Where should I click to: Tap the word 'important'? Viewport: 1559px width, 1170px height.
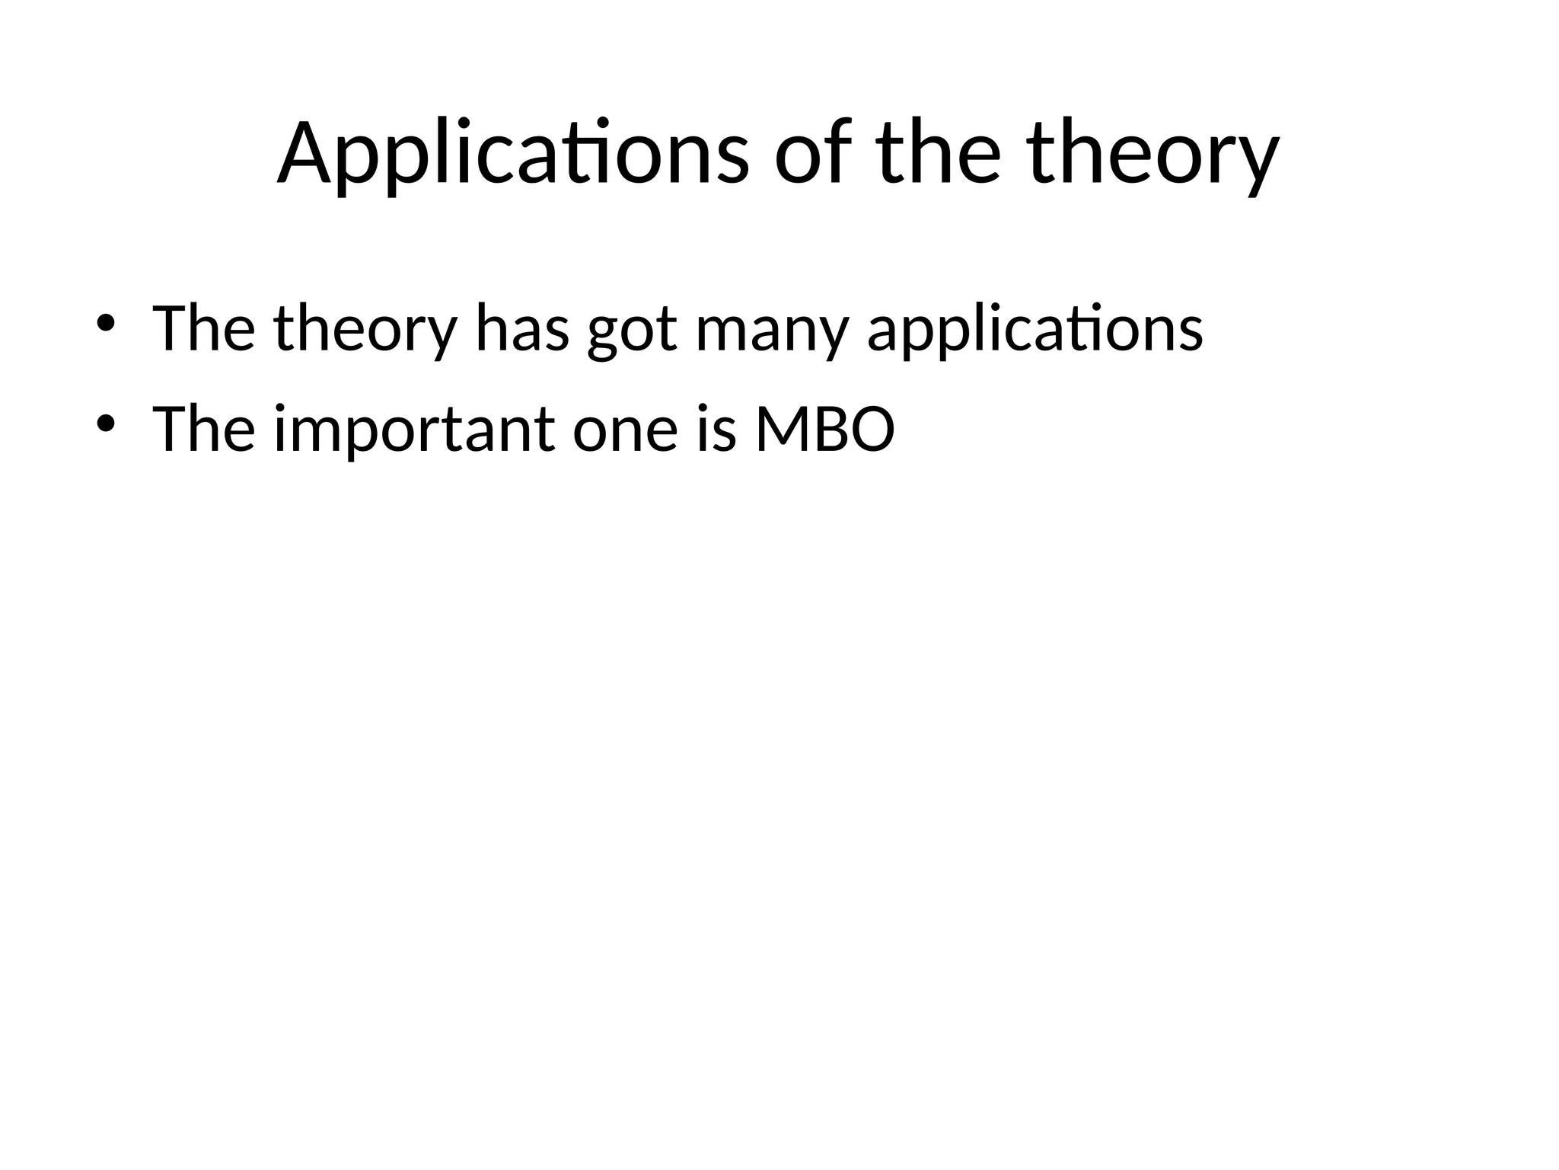point(415,431)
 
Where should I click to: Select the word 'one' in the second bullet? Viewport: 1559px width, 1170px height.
point(625,431)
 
